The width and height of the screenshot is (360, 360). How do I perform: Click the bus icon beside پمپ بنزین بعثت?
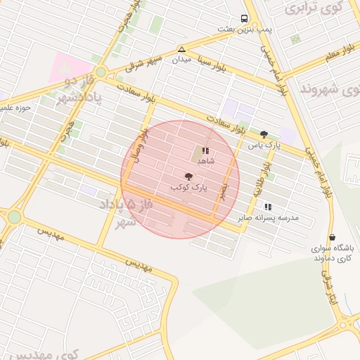244,19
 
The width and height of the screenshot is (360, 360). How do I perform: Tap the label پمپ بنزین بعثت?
244,30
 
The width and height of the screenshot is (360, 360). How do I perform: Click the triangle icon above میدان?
181,50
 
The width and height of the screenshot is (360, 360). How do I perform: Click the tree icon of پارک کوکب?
188,177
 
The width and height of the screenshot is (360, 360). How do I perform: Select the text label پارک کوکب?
188,188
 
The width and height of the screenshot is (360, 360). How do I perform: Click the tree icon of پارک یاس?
264,134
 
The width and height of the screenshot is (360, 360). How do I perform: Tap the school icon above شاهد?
205,150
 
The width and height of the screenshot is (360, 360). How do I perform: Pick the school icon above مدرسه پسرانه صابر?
267,207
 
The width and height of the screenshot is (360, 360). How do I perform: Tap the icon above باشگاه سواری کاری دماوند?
332,238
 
